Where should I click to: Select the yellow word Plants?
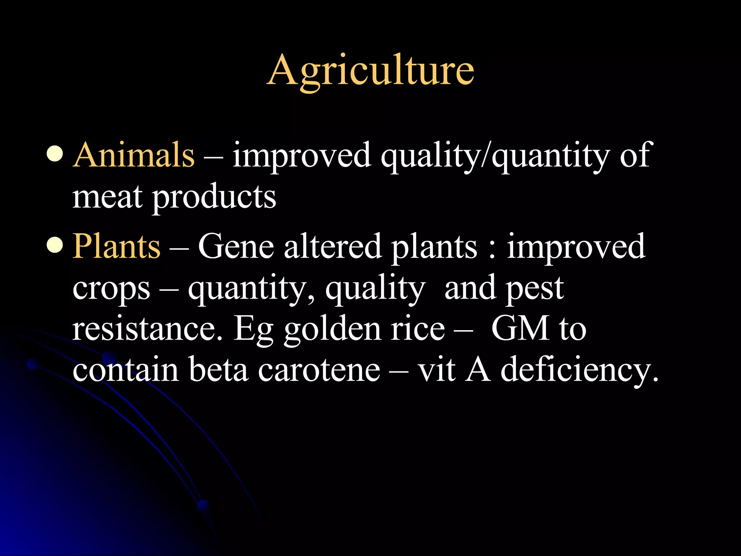(116, 246)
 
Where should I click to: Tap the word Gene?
(236, 246)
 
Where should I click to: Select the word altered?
(333, 246)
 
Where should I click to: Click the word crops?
(111, 289)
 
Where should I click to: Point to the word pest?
(534, 288)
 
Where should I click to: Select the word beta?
(218, 369)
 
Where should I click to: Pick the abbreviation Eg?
(253, 329)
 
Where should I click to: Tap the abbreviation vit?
(436, 369)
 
